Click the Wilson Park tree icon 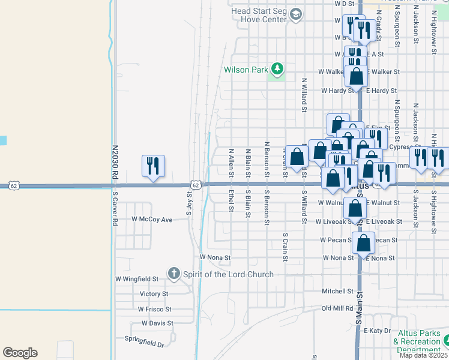[x=277, y=70]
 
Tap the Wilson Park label [x=246, y=70]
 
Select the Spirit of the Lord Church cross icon [x=173, y=274]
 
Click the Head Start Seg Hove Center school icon [x=295, y=14]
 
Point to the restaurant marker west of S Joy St [x=153, y=166]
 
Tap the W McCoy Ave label [x=152, y=220]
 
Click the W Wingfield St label [x=137, y=278]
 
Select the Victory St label [x=154, y=294]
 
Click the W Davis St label [x=157, y=323]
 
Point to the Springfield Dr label [x=144, y=344]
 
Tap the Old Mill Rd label [x=337, y=308]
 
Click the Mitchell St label [x=337, y=292]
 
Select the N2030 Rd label [x=114, y=161]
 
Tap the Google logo [x=20, y=352]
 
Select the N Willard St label [x=304, y=95]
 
